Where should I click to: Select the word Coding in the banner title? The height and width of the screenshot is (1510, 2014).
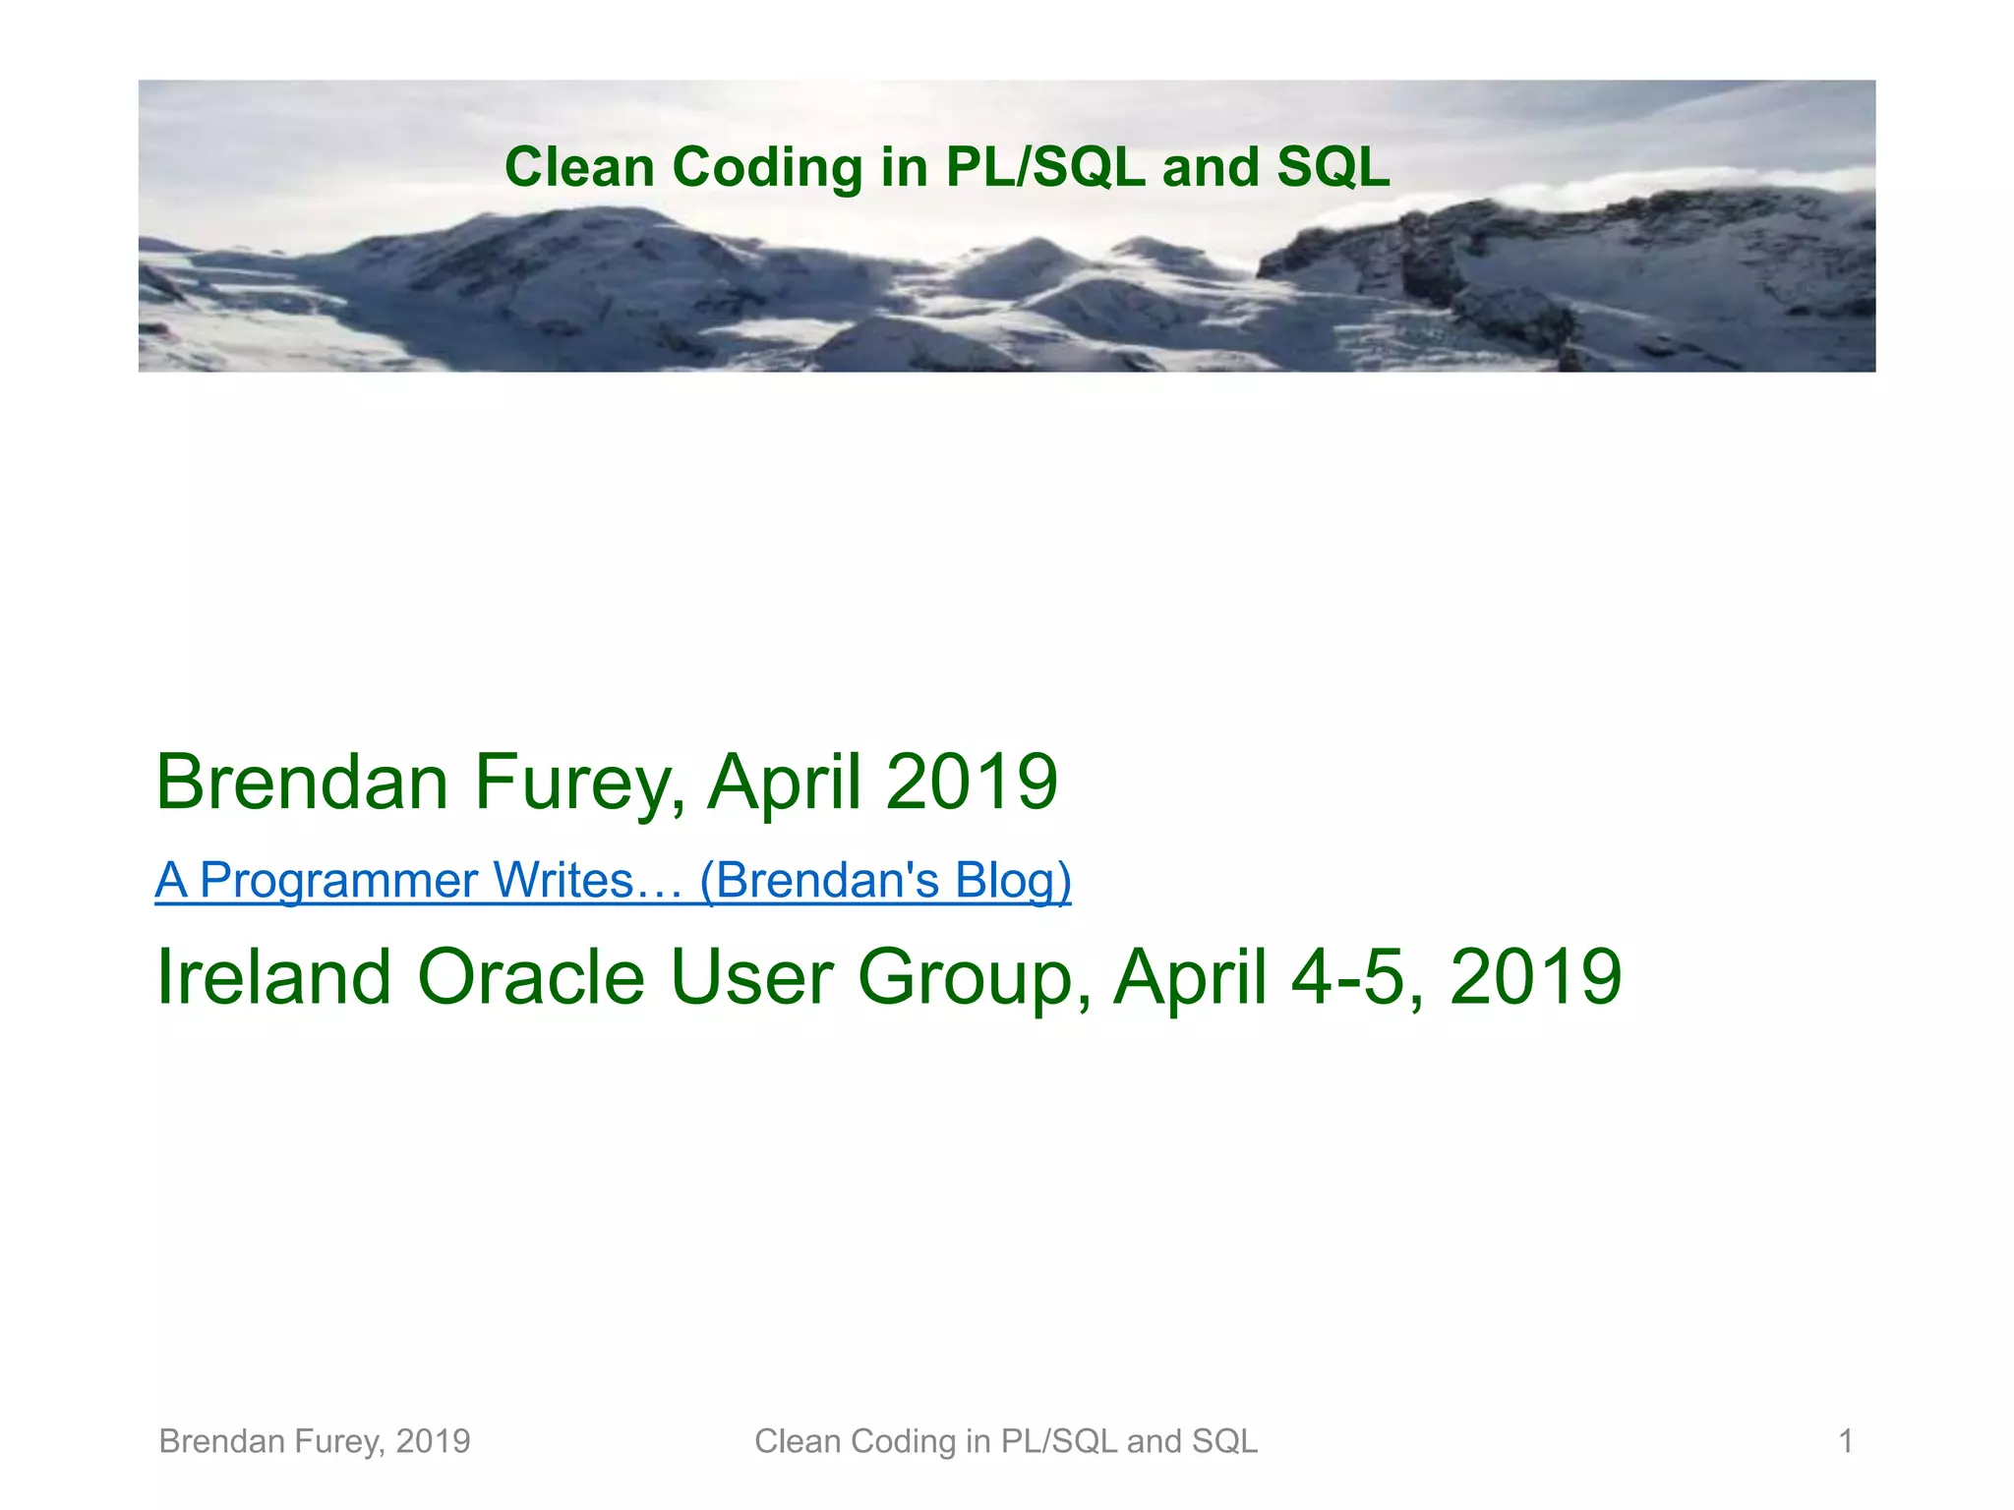pos(767,167)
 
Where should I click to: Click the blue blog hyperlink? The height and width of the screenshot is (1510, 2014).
pos(613,880)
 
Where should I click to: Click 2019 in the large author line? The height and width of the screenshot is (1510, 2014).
pos(971,783)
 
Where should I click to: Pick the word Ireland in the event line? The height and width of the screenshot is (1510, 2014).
pos(274,977)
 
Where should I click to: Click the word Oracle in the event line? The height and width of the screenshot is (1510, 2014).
pos(531,977)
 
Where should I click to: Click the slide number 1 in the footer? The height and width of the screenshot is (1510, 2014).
pos(1846,1441)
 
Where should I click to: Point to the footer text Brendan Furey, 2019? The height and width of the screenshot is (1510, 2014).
pos(315,1441)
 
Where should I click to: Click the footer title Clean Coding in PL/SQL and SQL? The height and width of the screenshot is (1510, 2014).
pos(1006,1441)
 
